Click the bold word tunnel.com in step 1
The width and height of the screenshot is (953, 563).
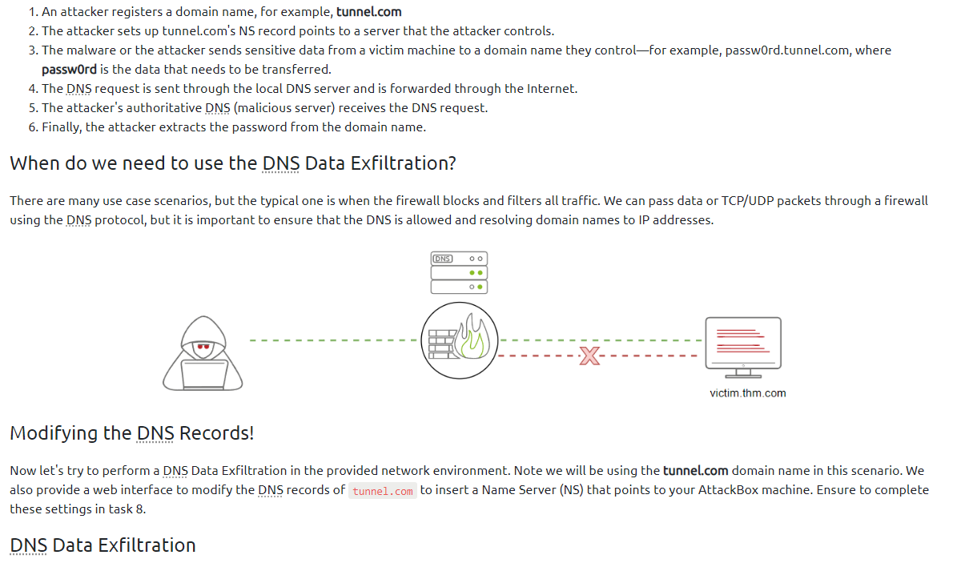(368, 12)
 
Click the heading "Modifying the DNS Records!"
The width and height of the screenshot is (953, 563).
(131, 433)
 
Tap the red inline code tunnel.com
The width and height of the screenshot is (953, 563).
(383, 491)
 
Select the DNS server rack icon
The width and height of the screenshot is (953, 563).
(459, 272)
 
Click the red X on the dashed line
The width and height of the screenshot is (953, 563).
(589, 355)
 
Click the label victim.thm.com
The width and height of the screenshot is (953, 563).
(747, 393)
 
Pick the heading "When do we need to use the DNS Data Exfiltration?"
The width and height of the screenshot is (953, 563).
(232, 163)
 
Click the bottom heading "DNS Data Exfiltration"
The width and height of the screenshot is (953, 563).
(103, 545)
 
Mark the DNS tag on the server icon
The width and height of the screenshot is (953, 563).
(442, 259)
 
